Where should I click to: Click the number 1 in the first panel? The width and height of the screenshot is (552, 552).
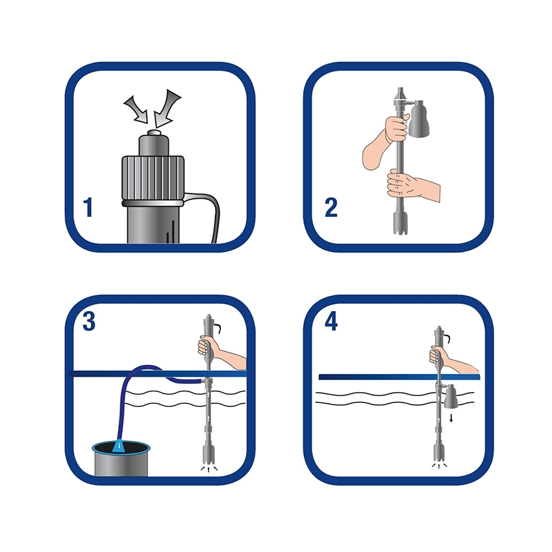pyautogui.click(x=88, y=207)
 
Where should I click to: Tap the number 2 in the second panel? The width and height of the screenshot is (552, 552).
pyautogui.click(x=331, y=207)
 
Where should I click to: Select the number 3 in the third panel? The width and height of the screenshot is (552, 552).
pyautogui.click(x=89, y=321)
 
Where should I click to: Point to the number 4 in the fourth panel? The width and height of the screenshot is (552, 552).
pyautogui.click(x=331, y=321)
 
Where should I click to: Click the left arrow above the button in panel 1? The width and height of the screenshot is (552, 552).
pyautogui.click(x=136, y=110)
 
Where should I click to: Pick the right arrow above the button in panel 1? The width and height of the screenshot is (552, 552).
pyautogui.click(x=167, y=108)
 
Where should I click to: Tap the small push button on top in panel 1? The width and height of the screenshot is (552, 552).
pyautogui.click(x=153, y=133)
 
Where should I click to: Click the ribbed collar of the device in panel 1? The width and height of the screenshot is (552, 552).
pyautogui.click(x=153, y=179)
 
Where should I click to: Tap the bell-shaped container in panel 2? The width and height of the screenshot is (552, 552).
pyautogui.click(x=419, y=118)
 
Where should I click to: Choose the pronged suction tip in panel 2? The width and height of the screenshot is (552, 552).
pyautogui.click(x=400, y=223)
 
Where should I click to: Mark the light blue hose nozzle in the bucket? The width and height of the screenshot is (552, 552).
pyautogui.click(x=119, y=445)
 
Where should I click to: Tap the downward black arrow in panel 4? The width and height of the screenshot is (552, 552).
pyautogui.click(x=451, y=418)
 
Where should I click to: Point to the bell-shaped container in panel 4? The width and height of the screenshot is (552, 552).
pyautogui.click(x=451, y=397)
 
